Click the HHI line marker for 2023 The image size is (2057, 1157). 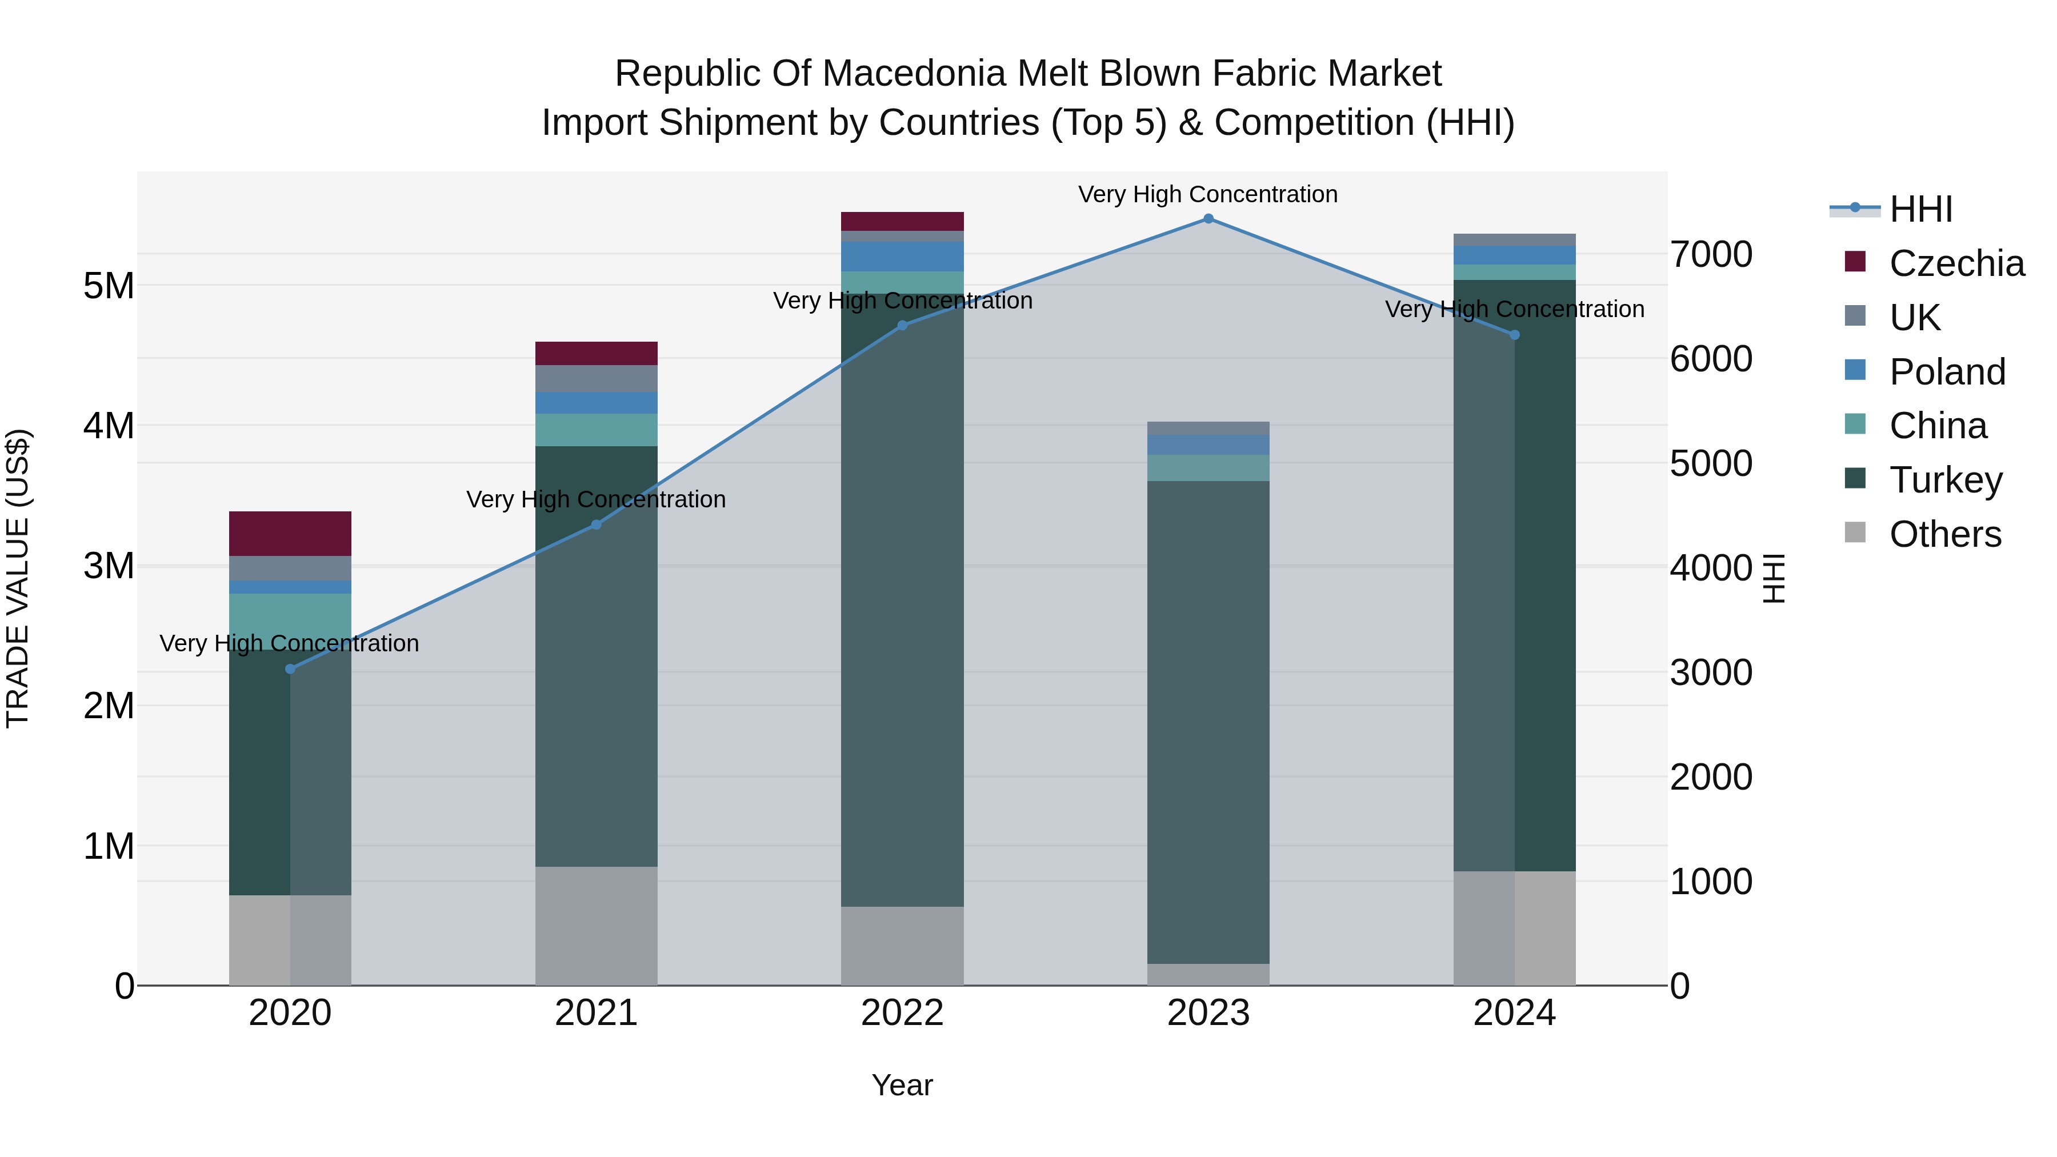click(1208, 219)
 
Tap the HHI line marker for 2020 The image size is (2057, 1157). click(290, 669)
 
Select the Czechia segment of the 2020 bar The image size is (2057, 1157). click(290, 534)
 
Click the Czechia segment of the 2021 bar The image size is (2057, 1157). click(596, 353)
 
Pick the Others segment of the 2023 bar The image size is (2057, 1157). click(1208, 974)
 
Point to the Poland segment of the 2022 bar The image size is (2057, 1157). click(902, 257)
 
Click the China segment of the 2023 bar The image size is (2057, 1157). click(1208, 468)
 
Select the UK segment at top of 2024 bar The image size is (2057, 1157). click(1514, 239)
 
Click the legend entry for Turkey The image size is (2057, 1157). click(1945, 480)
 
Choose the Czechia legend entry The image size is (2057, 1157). click(1956, 263)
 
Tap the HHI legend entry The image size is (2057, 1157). click(1920, 209)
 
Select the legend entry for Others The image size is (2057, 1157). click(1945, 534)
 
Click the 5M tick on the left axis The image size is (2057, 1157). click(109, 286)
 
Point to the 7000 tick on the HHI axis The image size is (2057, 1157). click(1711, 255)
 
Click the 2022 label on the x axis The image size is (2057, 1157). click(902, 1013)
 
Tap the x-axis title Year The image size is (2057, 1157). click(902, 1085)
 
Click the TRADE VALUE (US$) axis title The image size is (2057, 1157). click(18, 578)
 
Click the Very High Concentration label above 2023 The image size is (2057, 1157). click(1207, 194)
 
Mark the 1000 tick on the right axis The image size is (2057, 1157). click(1711, 882)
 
